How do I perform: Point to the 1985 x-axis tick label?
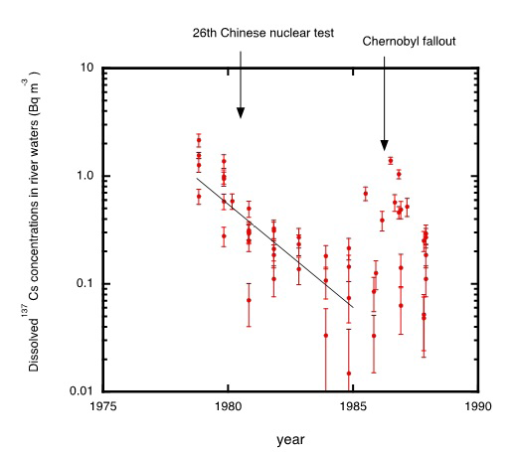click(353, 405)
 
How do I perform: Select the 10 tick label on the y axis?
click(86, 68)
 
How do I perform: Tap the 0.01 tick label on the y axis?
click(81, 391)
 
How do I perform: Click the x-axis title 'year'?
click(290, 437)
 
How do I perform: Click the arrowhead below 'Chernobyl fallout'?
click(386, 143)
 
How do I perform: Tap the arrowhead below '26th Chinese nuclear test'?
click(241, 110)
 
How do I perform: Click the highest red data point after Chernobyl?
click(391, 160)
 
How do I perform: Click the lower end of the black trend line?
click(352, 307)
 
